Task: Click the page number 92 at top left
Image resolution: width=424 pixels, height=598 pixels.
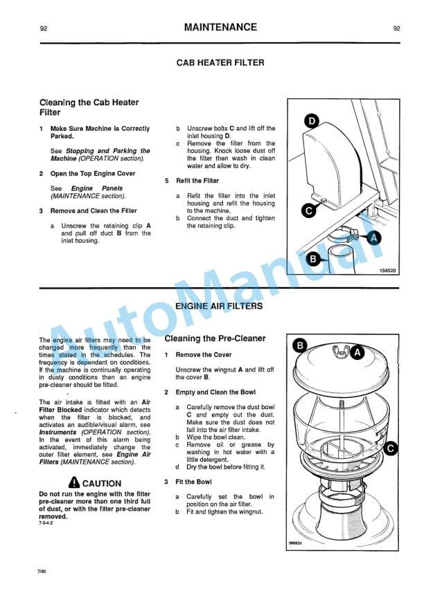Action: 44,28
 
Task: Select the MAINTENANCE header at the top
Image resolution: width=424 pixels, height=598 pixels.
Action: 220,28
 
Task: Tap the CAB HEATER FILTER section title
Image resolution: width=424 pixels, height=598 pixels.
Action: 220,63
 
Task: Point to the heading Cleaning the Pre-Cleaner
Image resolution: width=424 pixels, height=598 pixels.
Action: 215,338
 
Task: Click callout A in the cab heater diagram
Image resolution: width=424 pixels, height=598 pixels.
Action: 375,238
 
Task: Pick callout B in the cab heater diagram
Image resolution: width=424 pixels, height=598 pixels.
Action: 312,260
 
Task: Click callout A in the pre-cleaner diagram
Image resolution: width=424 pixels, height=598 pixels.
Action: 357,352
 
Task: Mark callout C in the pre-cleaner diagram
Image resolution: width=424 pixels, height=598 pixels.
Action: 390,450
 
